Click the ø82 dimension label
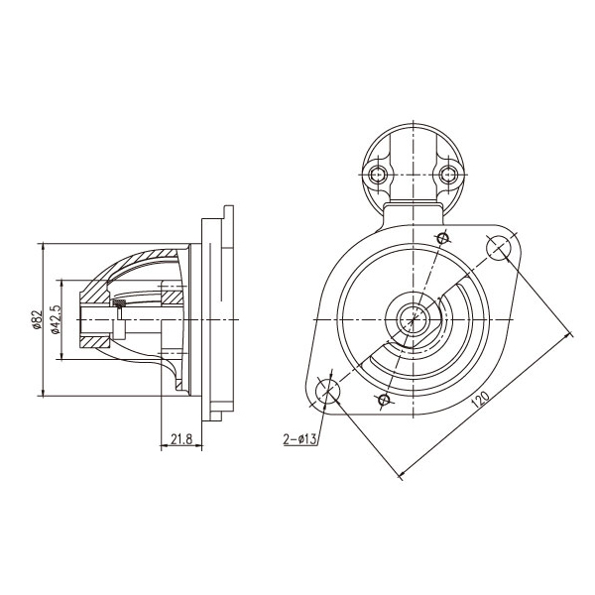[x=37, y=319]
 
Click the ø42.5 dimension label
[x=56, y=319]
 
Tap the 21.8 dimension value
[x=181, y=439]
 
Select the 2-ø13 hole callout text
[x=299, y=439]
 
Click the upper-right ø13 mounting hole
[x=499, y=248]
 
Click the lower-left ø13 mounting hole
[x=327, y=390]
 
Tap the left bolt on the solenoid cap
[x=378, y=175]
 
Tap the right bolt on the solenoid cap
[x=448, y=175]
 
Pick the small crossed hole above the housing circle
[x=443, y=238]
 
